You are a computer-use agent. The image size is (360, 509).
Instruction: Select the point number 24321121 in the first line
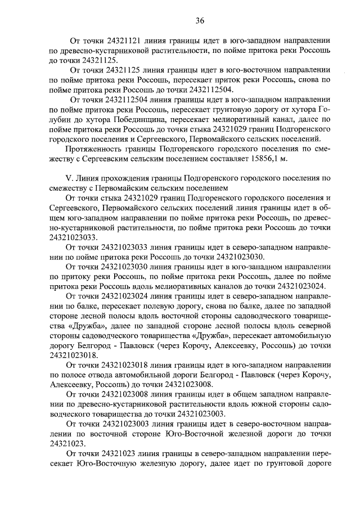(x=123, y=40)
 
